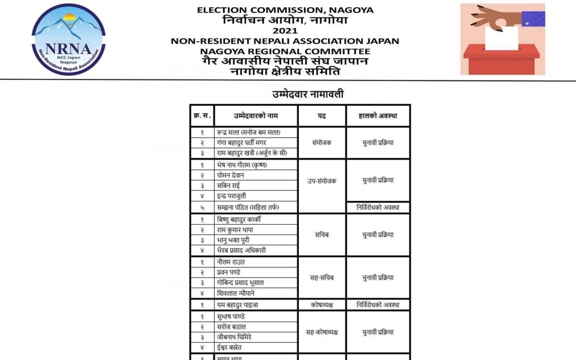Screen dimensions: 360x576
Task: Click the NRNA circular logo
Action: click(x=69, y=39)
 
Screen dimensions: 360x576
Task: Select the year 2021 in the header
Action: click(x=285, y=31)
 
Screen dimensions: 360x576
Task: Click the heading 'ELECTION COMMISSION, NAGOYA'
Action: click(x=285, y=10)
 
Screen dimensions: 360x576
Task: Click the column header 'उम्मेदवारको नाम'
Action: click(x=256, y=116)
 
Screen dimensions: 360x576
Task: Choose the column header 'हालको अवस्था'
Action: click(x=378, y=116)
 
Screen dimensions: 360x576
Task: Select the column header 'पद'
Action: click(x=322, y=116)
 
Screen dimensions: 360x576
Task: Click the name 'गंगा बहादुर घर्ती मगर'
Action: click(x=241, y=143)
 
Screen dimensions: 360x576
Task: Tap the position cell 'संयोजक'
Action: click(x=322, y=143)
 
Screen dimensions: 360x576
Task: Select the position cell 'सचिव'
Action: click(x=322, y=235)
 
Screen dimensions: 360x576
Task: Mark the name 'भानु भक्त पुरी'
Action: click(x=233, y=240)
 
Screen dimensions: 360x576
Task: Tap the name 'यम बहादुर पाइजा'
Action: click(x=238, y=305)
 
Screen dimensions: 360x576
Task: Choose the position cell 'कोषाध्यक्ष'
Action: click(x=322, y=305)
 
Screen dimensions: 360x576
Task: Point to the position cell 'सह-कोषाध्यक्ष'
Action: click(x=322, y=332)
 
